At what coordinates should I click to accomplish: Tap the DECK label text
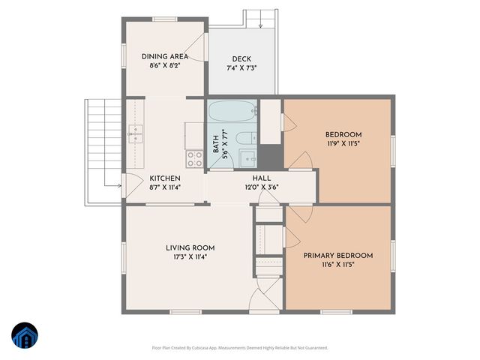click(241, 59)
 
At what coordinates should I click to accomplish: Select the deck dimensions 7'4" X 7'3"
click(241, 68)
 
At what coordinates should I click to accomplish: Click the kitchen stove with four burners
click(194, 158)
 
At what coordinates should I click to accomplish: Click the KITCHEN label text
click(164, 178)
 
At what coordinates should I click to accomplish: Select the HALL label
click(261, 178)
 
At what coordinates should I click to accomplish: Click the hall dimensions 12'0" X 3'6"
click(261, 187)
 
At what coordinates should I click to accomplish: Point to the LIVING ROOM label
click(190, 247)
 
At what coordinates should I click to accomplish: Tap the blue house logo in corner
click(24, 335)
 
